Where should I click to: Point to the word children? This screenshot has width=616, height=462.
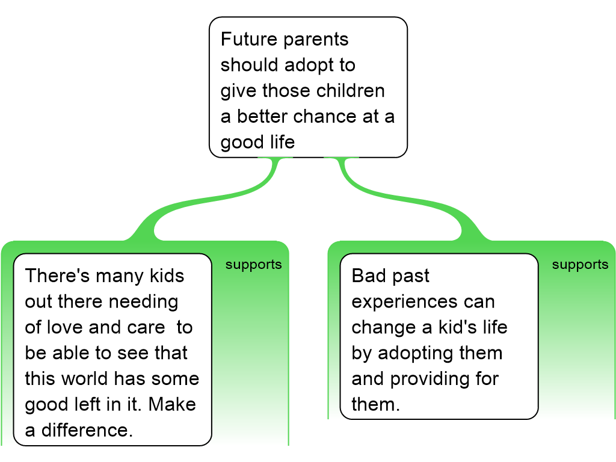(351, 91)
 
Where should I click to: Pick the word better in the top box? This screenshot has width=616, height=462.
(262, 117)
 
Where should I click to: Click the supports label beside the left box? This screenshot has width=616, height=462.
(254, 265)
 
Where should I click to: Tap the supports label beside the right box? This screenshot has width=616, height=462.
(581, 265)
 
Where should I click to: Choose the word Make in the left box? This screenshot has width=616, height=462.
(172, 405)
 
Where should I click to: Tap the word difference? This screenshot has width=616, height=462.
(87, 431)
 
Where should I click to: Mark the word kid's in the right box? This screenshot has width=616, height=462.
(458, 327)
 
